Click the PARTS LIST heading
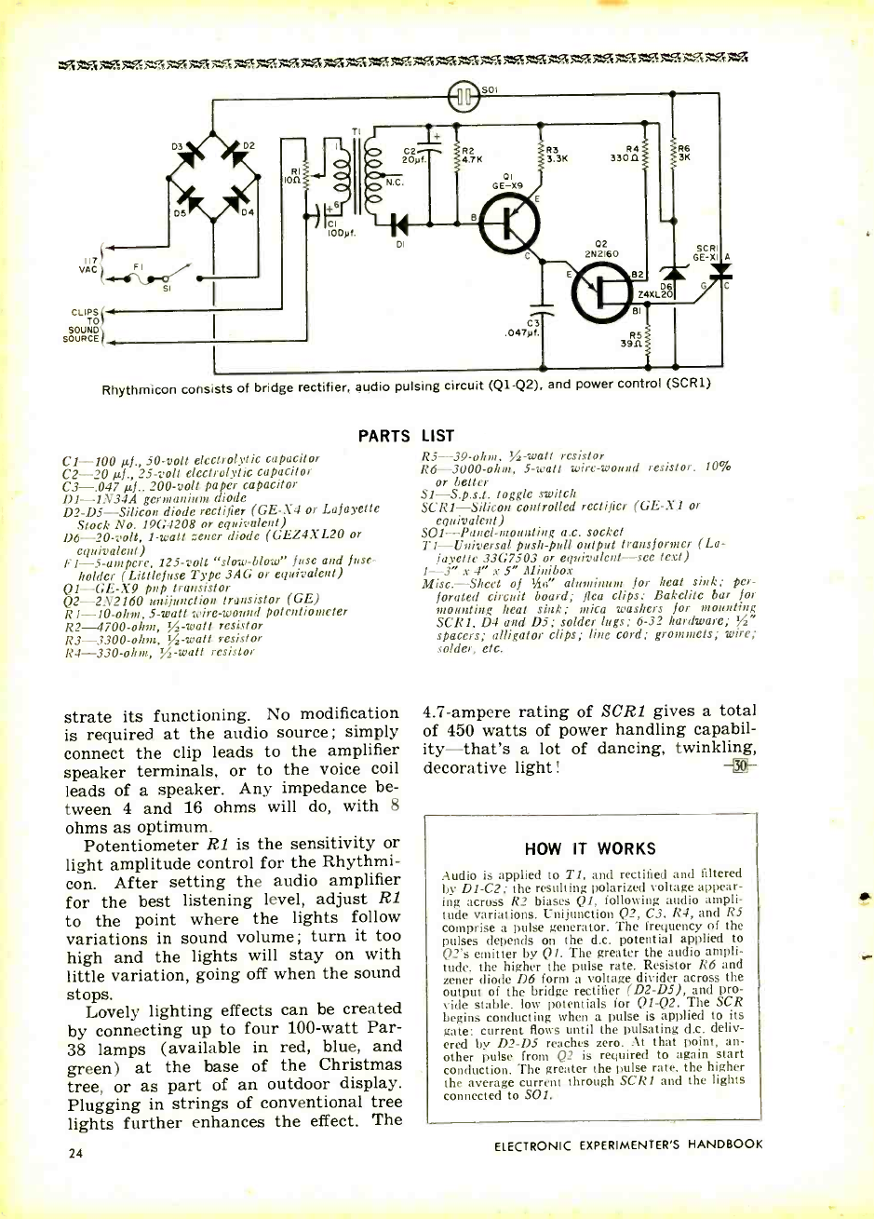[x=409, y=434]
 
